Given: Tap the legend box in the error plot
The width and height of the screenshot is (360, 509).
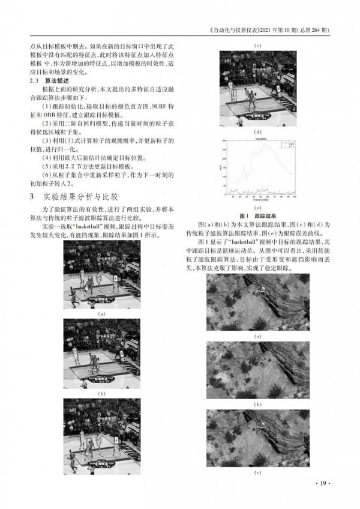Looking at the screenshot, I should click(286, 145).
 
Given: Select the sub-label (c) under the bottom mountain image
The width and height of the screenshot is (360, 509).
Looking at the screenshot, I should click(257, 474).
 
